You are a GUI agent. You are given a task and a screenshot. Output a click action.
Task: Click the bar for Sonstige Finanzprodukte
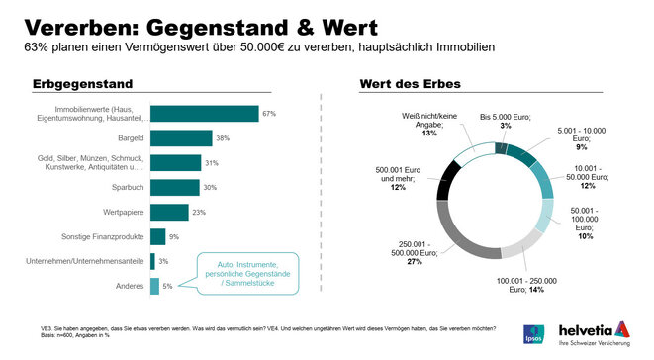click(157, 236)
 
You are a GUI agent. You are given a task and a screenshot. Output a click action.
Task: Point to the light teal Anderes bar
click(154, 286)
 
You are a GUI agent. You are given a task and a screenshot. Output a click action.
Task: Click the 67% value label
click(268, 114)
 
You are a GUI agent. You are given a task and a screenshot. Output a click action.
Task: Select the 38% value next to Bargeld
click(223, 138)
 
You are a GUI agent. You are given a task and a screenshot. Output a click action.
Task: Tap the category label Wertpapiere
click(121, 212)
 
